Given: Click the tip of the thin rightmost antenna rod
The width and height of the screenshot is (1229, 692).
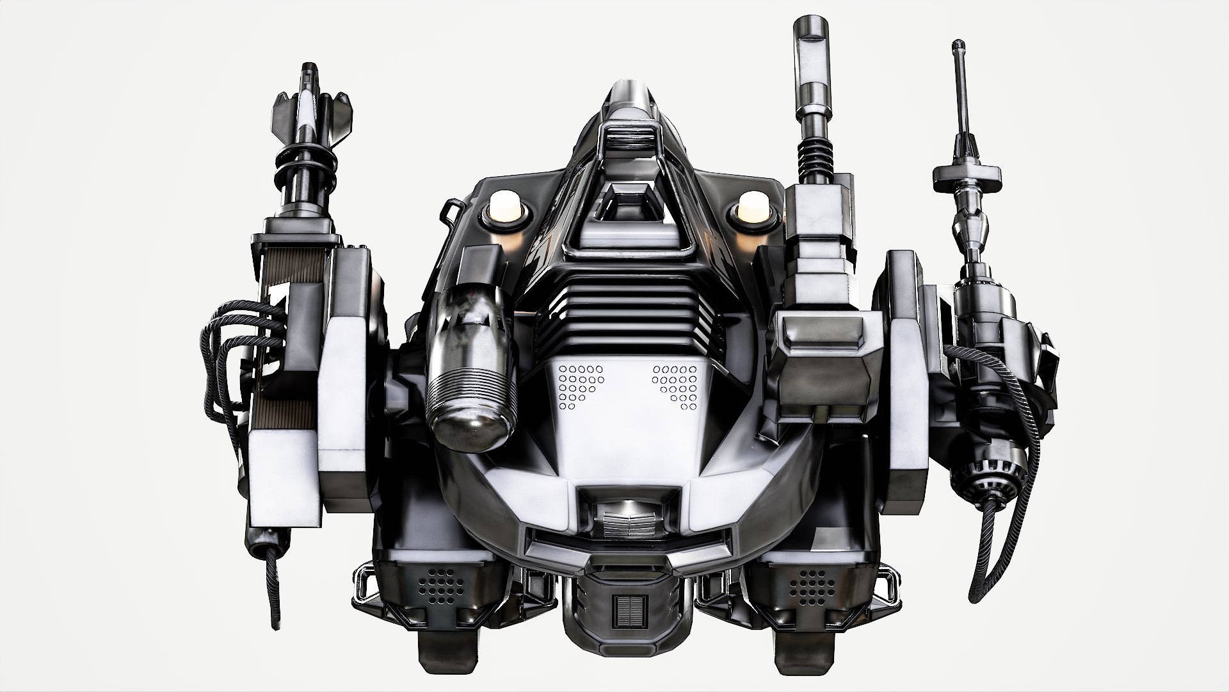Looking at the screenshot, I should (x=958, y=46).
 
